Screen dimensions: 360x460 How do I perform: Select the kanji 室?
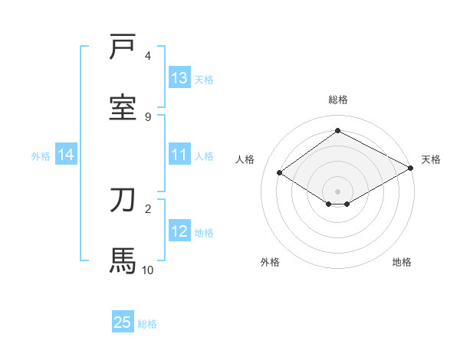pos(123,107)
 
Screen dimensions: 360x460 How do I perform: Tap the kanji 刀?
pos(123,201)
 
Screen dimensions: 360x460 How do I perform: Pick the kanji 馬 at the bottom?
pos(123,260)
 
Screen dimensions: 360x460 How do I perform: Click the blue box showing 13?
pos(179,78)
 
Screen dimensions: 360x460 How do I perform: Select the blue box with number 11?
pos(179,155)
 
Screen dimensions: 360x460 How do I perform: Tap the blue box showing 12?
pos(179,231)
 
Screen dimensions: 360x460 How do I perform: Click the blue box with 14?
pos(66,155)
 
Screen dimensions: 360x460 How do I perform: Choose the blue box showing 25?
pos(123,322)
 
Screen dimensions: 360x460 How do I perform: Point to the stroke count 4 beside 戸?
pos(148,56)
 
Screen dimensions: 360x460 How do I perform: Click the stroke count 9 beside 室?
pos(148,116)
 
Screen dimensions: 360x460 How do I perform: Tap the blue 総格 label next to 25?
pos(147,324)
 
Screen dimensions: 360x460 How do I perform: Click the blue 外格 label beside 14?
pos(41,156)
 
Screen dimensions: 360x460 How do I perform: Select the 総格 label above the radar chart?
pos(337,100)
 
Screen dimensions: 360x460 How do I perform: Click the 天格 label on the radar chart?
pos(431,159)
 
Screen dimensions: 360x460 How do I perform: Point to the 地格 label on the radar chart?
pos(402,263)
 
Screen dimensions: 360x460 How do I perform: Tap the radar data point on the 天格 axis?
pos(411,169)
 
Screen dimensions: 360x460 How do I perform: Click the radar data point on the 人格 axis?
pos(280,173)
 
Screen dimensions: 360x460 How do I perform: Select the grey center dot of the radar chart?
pos(337,191)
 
